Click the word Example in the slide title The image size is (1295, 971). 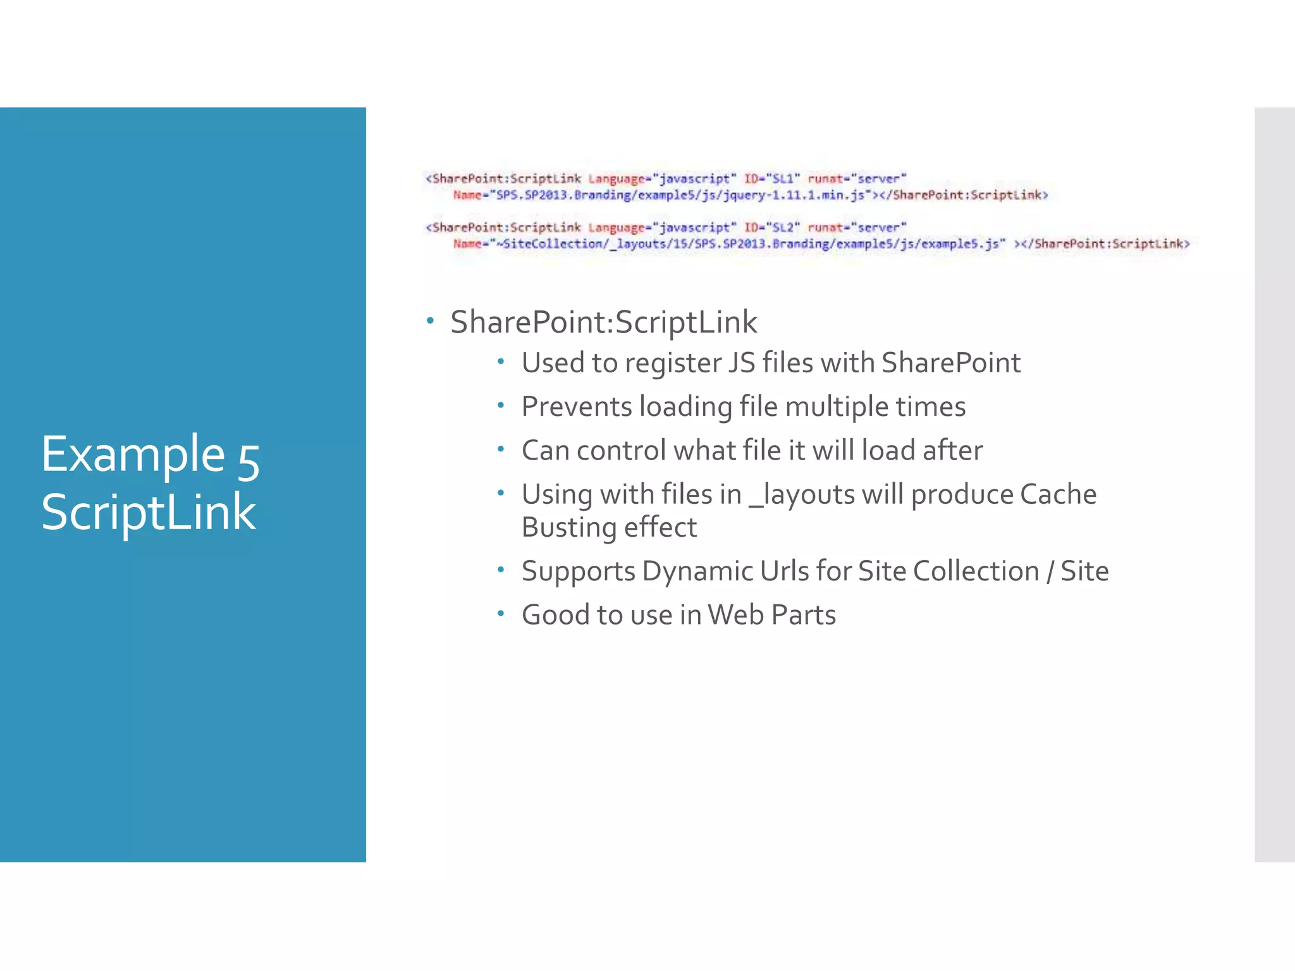[x=133, y=455]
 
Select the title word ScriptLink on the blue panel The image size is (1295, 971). [x=149, y=512]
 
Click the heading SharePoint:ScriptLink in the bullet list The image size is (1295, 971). [x=603, y=322]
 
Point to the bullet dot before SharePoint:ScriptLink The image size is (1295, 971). [x=431, y=321]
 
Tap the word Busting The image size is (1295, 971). [x=572, y=528]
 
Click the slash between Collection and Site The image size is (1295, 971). [x=1050, y=572]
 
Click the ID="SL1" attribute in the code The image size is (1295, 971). [x=772, y=179]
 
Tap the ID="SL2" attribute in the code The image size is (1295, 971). [x=772, y=228]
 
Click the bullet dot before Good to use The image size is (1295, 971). [x=501, y=613]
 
